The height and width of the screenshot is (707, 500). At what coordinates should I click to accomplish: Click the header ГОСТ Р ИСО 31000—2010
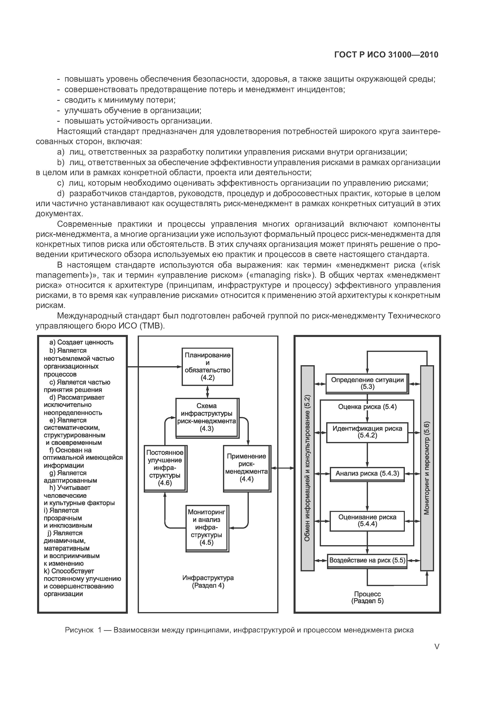386,55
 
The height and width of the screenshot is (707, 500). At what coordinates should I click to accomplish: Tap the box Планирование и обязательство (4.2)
207,366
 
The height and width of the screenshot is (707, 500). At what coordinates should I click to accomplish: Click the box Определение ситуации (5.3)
367,383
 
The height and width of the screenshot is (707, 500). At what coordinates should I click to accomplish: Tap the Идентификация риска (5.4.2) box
367,432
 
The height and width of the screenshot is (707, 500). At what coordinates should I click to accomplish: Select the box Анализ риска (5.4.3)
367,474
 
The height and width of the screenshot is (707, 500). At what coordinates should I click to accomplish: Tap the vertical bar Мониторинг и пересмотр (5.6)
427,468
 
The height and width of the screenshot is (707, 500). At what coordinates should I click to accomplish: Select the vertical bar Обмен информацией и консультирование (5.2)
307,468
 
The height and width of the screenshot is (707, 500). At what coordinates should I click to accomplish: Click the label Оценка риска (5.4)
367,407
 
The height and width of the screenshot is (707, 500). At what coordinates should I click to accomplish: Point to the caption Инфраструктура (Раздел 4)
208,582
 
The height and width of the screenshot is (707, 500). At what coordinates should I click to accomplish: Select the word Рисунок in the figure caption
79,630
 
